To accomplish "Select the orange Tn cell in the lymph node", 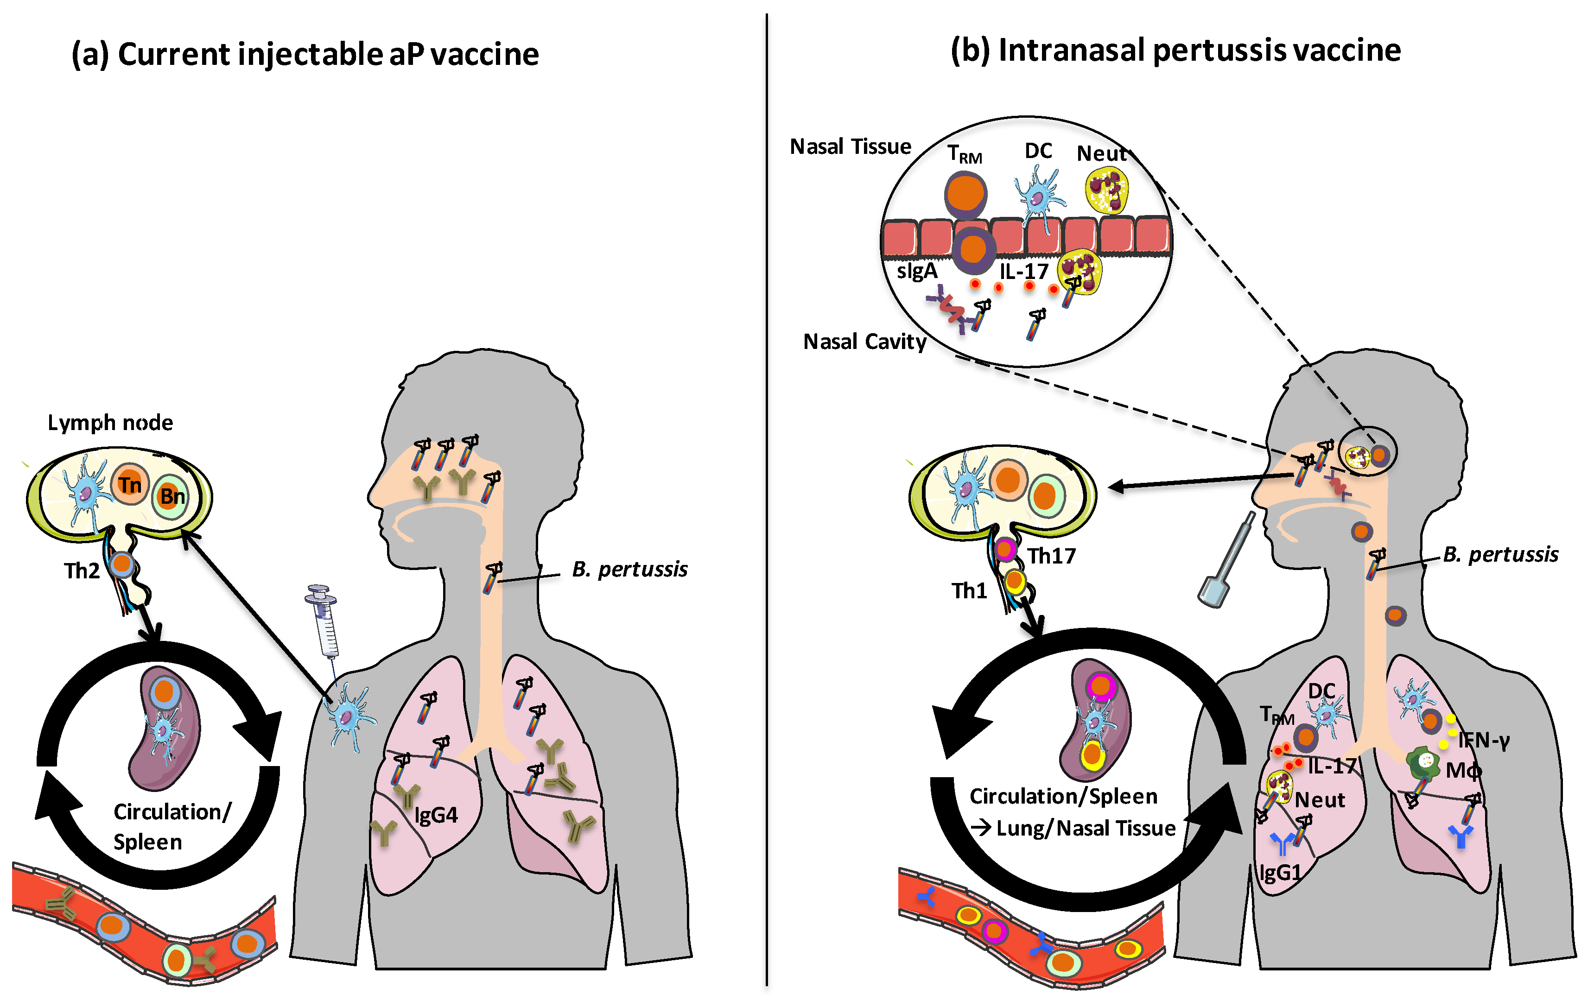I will tap(130, 485).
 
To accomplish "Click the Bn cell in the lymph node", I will tap(172, 496).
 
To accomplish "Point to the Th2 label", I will tap(82, 570).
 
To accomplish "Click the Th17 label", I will tap(1051, 556).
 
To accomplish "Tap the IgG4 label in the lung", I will tap(436, 815).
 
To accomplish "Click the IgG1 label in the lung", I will tap(1280, 873).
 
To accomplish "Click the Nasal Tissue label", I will tap(850, 146).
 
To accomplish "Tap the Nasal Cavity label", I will tap(864, 342).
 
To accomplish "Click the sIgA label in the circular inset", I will tap(917, 271).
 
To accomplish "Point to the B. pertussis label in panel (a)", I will tap(629, 570).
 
